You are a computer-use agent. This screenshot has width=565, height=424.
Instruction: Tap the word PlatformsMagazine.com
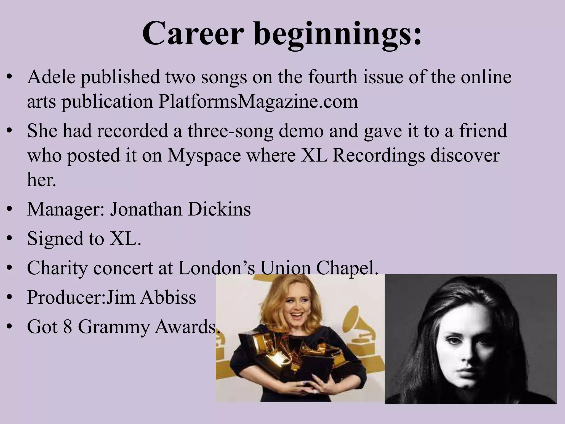click(258, 101)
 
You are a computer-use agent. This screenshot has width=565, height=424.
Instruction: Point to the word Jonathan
click(145, 209)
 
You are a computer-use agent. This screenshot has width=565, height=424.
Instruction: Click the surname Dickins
click(219, 209)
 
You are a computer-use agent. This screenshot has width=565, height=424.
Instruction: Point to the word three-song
click(231, 131)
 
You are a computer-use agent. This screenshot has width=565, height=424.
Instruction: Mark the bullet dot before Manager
click(10, 210)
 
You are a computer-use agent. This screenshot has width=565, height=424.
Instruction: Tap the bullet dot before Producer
click(10, 298)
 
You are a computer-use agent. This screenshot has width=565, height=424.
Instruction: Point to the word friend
click(483, 131)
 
